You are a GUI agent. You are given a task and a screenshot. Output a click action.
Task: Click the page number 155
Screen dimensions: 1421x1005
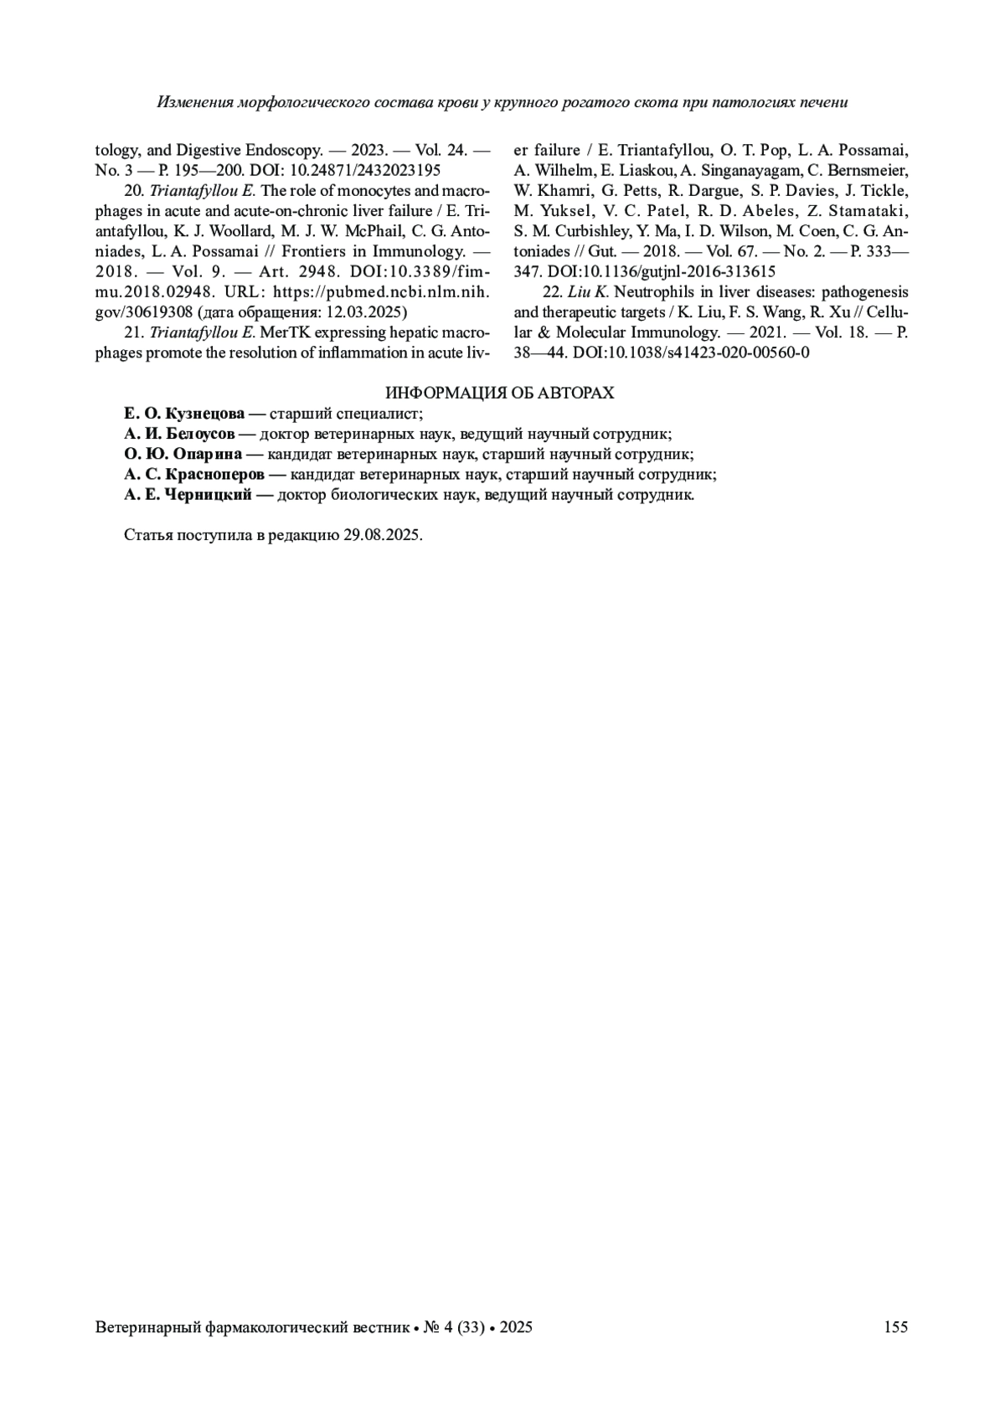click(x=895, y=1326)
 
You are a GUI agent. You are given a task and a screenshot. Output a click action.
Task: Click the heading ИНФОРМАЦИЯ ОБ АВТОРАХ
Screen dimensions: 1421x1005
click(x=499, y=393)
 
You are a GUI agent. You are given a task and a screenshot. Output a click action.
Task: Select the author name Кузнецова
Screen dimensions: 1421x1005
click(x=205, y=414)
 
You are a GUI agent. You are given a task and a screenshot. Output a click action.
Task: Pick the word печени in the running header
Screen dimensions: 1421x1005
click(x=822, y=102)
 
